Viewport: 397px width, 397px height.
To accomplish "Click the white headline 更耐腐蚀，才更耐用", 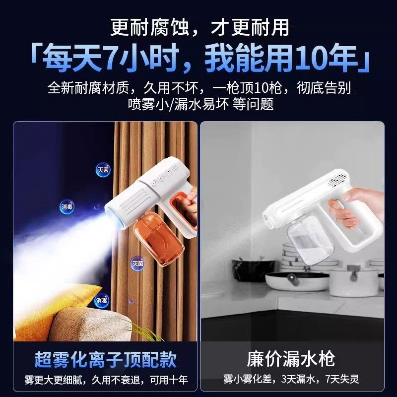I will (x=198, y=26).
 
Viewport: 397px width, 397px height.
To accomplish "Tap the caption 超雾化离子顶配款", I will (x=106, y=359).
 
